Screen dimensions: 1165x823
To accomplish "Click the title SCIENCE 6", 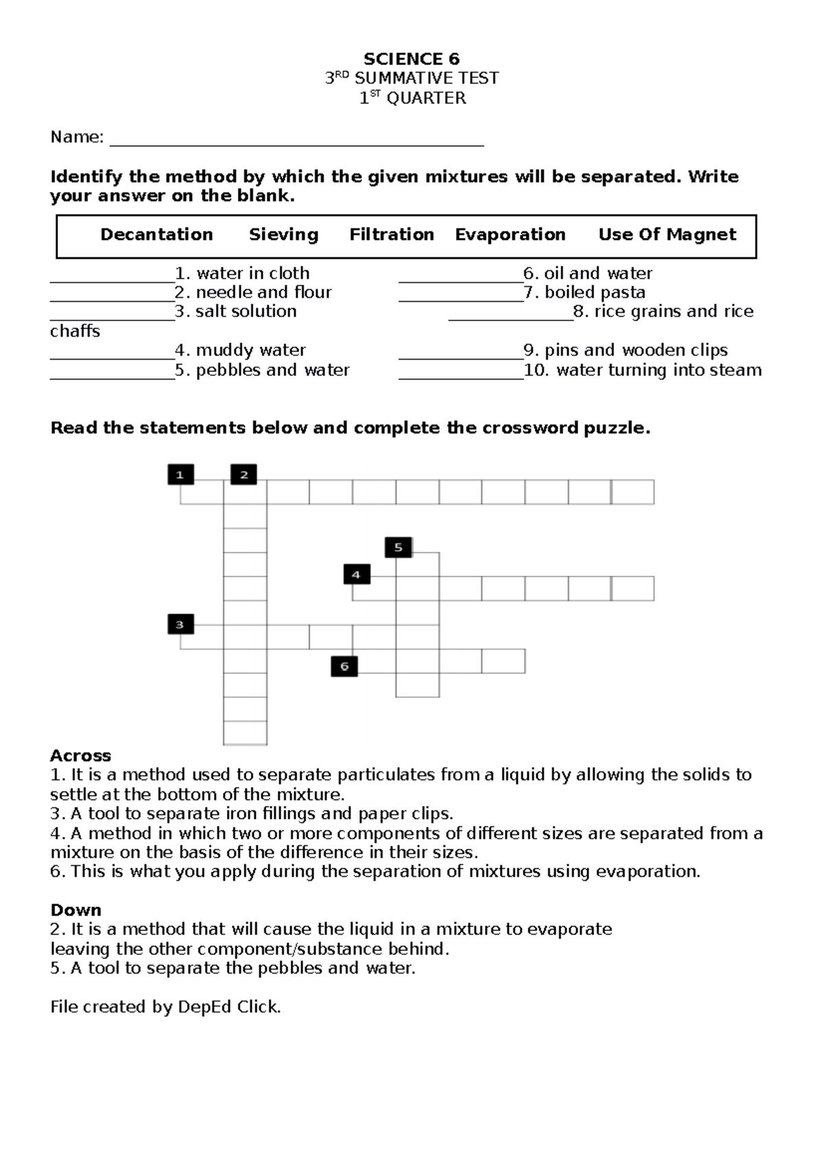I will pos(411,59).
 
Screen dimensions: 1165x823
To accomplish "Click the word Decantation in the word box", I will pos(156,235).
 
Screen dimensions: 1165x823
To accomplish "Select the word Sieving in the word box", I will pos(283,235).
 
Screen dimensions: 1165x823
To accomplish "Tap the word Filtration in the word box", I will pos(392,235).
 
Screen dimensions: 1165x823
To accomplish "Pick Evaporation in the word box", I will pos(510,235).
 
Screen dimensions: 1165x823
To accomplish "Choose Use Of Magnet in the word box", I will pos(667,235).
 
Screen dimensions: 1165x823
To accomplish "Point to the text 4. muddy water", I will pos(240,351).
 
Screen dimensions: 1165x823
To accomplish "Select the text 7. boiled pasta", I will pos(584,292).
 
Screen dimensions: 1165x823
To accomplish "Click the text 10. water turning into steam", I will pos(643,370).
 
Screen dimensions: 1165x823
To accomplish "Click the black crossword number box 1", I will pos(180,474).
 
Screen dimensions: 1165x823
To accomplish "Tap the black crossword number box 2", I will pos(243,474).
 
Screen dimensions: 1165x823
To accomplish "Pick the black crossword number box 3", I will pos(180,624).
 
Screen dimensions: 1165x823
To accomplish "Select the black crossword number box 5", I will pos(398,548).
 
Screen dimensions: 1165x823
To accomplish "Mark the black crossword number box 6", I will pos(344,666).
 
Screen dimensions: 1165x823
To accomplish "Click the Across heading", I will pos(80,756).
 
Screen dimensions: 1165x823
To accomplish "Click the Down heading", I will pos(75,910).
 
